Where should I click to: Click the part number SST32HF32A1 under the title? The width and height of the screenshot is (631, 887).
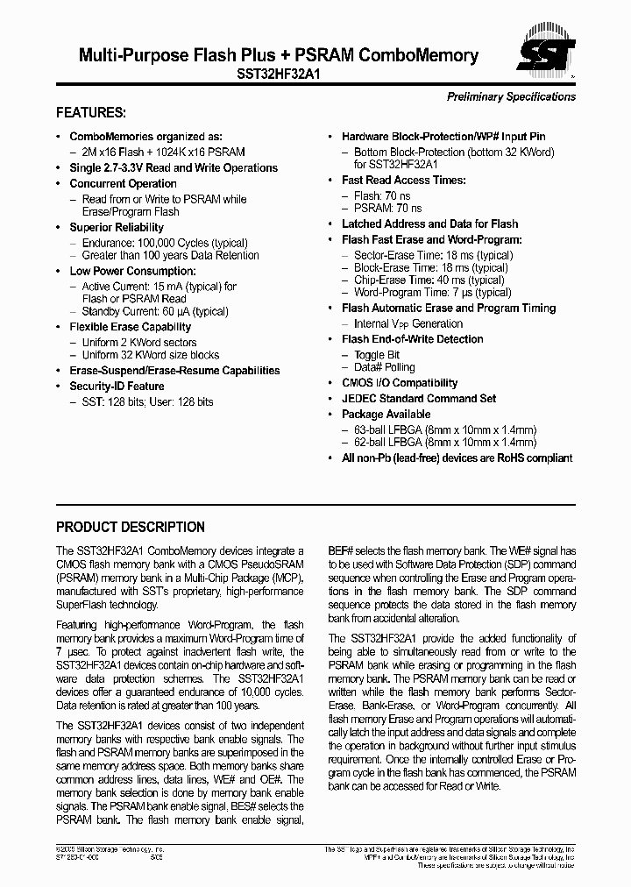point(279,75)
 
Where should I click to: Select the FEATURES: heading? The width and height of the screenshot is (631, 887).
point(91,113)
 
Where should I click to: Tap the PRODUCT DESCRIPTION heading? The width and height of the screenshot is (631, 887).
point(131,527)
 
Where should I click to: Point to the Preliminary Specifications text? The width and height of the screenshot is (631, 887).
point(511,96)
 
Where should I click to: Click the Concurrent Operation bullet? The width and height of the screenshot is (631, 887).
point(123,183)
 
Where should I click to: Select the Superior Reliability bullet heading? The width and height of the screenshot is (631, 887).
point(117,227)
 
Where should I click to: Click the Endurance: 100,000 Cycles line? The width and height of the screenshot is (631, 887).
point(164,243)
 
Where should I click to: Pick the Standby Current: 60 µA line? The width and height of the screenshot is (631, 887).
point(154,311)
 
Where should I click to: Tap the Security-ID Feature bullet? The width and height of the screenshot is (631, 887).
point(117,386)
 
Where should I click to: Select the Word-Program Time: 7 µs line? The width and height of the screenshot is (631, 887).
point(432,292)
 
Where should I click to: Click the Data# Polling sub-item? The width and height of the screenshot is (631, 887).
point(384,367)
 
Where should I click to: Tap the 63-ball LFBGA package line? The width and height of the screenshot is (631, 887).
point(444,429)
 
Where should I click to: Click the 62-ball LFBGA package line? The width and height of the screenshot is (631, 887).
point(444,443)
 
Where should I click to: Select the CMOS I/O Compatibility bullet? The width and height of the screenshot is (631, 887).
point(400,383)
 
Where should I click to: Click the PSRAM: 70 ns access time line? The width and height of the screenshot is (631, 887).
point(387,208)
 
